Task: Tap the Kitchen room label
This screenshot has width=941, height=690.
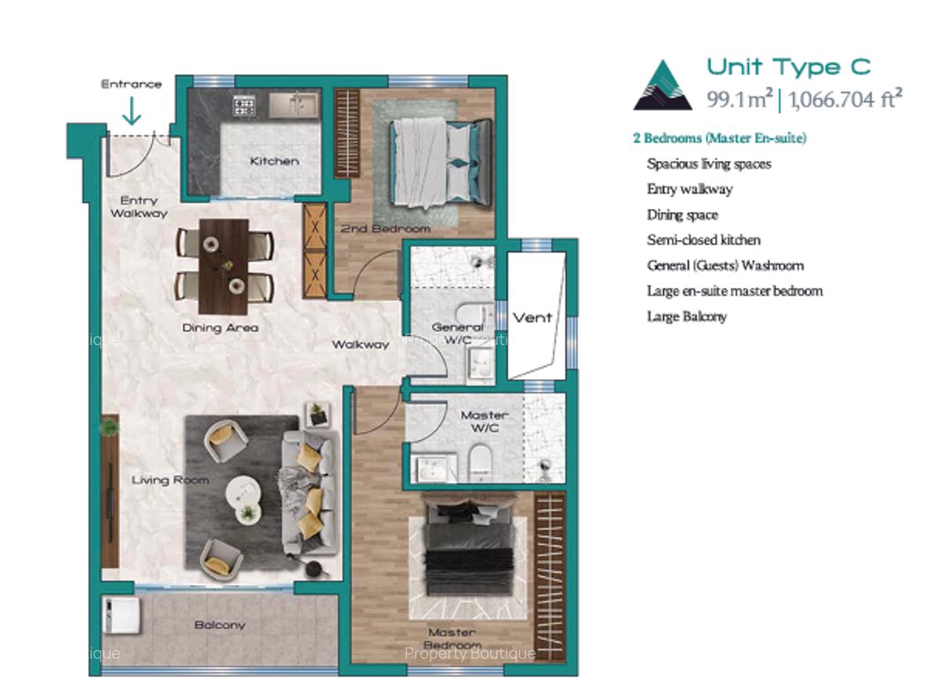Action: point(274,162)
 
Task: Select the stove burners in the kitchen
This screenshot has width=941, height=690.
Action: point(244,103)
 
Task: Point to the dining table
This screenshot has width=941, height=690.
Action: point(224,266)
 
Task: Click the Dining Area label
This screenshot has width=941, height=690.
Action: point(220,328)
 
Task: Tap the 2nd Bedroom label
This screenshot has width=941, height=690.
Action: point(385,229)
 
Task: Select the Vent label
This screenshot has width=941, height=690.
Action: point(532,318)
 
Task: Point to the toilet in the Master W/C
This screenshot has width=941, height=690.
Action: point(478,463)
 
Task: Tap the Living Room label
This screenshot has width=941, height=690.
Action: point(170,480)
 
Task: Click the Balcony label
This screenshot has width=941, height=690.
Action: point(220,626)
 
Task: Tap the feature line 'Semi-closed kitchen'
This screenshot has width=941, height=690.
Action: point(703,240)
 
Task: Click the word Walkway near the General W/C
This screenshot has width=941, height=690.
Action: point(360,345)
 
